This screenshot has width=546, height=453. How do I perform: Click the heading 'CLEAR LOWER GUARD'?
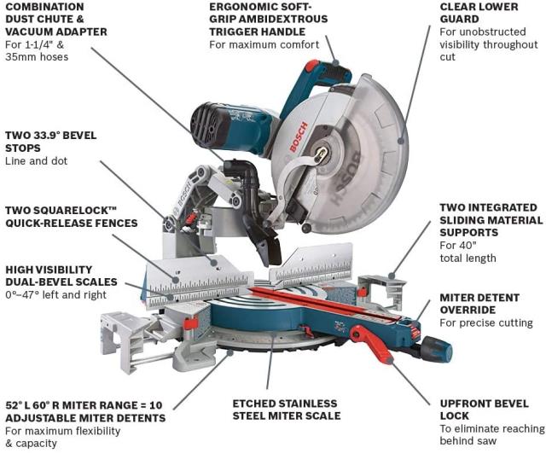(479, 13)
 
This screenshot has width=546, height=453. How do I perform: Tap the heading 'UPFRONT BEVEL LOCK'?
(485, 409)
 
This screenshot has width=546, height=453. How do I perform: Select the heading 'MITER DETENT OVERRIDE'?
(479, 304)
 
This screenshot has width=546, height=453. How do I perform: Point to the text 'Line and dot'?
(36, 161)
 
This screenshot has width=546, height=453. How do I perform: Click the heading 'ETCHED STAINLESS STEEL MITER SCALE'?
(287, 409)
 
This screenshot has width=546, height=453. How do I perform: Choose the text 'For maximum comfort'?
(264, 45)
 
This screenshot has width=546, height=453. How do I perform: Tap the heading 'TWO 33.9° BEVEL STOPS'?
(51, 142)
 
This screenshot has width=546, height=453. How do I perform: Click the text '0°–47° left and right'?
(56, 295)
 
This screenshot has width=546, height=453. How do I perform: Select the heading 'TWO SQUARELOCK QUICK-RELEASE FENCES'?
(72, 217)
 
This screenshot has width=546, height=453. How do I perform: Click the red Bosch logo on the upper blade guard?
(299, 136)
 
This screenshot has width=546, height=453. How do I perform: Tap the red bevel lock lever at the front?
(372, 344)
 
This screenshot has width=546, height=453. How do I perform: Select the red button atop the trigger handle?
(312, 66)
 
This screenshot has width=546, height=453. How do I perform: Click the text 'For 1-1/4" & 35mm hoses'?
(37, 51)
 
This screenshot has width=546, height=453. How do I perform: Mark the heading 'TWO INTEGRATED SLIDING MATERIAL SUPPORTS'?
(491, 220)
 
